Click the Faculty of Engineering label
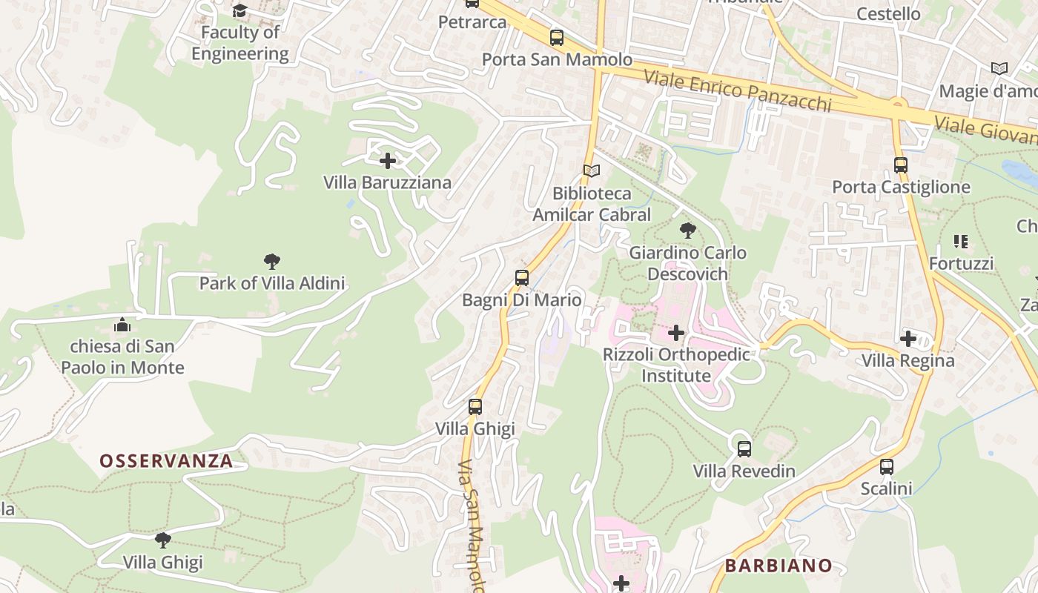(x=239, y=43)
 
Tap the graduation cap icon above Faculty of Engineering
(x=239, y=10)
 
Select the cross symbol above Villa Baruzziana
(x=387, y=160)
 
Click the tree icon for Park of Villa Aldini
(x=271, y=261)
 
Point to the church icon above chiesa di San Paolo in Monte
(x=122, y=325)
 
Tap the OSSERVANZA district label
(x=166, y=461)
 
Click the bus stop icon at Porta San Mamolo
(x=556, y=38)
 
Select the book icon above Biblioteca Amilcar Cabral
(x=591, y=171)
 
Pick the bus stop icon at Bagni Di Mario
(x=522, y=278)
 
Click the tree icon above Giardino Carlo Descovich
(x=687, y=231)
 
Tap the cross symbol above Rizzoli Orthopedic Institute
(x=676, y=333)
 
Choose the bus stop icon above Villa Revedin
(x=744, y=448)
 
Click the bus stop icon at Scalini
(x=886, y=467)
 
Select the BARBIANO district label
(x=778, y=566)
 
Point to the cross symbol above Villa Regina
(x=908, y=339)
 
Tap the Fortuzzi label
(x=961, y=263)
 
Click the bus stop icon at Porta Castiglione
(x=901, y=165)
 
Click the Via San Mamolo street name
(x=472, y=526)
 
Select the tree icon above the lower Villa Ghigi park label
(x=162, y=540)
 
